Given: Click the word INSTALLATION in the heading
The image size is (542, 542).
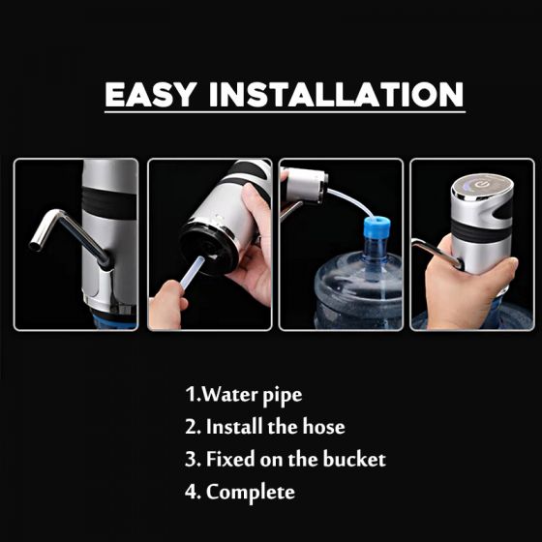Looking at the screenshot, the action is pyautogui.click(x=337, y=95).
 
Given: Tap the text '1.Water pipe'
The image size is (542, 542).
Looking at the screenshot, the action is pyautogui.click(x=244, y=395).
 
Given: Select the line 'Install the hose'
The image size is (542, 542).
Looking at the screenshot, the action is pyautogui.click(x=276, y=427).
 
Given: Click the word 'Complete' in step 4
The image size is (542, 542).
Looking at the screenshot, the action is pyautogui.click(x=251, y=492).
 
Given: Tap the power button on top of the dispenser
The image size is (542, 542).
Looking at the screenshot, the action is pyautogui.click(x=481, y=185).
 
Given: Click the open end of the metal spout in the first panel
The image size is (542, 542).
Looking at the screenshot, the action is pyautogui.click(x=35, y=246).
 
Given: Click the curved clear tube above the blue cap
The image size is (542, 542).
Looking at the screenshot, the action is pyautogui.click(x=350, y=201).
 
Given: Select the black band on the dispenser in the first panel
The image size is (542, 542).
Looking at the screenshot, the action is pyautogui.click(x=110, y=203).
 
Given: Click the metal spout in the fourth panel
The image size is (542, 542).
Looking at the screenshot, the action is pyautogui.click(x=437, y=253).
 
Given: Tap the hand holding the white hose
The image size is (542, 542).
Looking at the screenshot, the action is pyautogui.click(x=166, y=304).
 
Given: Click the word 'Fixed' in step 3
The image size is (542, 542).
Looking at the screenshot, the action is pyautogui.click(x=230, y=459).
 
